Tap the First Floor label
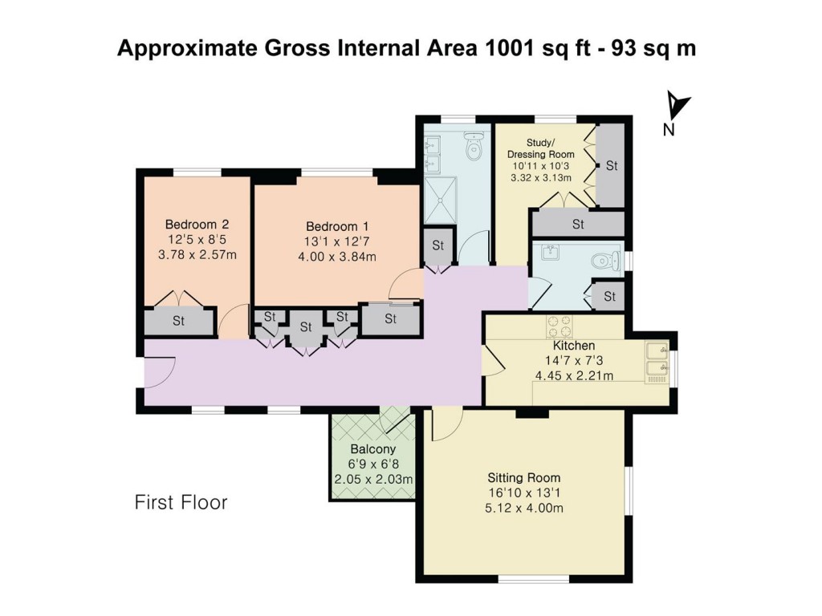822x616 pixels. (181, 503)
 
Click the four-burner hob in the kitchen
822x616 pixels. (559, 326)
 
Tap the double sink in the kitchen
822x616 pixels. (657, 359)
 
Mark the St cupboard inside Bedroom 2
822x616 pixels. (178, 322)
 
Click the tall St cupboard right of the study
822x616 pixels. (611, 165)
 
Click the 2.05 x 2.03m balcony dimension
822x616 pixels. (373, 480)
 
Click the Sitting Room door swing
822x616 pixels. (446, 424)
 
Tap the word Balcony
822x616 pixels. (373, 449)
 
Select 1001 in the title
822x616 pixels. (511, 47)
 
